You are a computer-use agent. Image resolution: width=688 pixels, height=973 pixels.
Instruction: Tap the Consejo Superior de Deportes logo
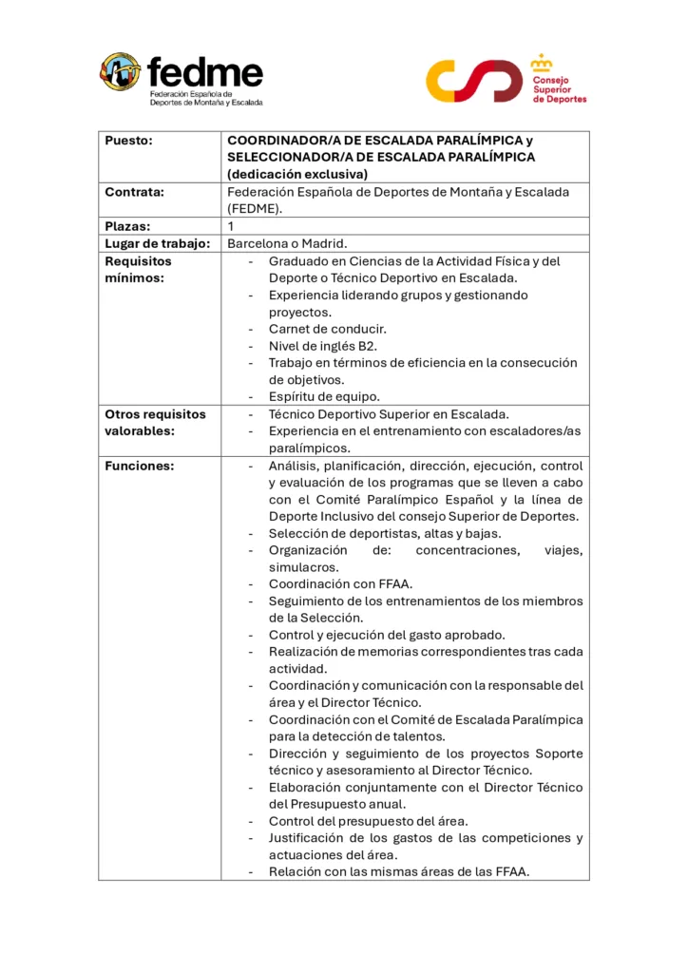point(506,80)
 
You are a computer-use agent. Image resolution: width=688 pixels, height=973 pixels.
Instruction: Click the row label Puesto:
point(128,141)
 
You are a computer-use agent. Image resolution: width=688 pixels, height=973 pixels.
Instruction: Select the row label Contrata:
point(134,192)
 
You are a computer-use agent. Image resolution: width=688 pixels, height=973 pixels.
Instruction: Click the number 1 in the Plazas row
point(231,226)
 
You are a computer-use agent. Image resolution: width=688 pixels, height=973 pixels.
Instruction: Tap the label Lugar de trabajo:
point(157,243)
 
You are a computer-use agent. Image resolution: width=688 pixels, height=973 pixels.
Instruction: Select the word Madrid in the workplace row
point(334,243)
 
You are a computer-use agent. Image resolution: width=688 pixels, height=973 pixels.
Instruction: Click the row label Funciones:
point(139,466)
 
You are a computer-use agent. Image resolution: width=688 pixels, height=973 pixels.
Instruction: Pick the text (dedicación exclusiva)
point(296,174)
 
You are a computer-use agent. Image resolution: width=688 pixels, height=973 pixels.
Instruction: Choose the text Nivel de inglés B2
point(323,346)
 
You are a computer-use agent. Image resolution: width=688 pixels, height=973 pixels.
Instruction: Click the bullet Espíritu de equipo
point(323,396)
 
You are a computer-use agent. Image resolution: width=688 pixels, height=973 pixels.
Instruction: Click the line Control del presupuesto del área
point(368,821)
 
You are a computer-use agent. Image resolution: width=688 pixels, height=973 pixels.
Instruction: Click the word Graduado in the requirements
point(299,260)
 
